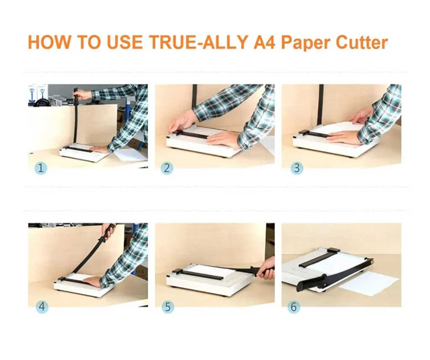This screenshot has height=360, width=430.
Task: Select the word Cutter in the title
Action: (x=362, y=42)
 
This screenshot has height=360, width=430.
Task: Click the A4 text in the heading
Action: (x=265, y=42)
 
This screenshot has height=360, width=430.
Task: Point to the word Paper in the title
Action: (x=306, y=43)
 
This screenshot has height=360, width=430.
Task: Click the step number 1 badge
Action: (x=41, y=168)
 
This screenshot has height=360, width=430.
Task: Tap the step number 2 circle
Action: (x=167, y=168)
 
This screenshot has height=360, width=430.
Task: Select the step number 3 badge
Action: (x=297, y=168)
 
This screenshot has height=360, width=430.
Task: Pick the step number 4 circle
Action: (x=42, y=307)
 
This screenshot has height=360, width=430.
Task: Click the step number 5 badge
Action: (x=168, y=307)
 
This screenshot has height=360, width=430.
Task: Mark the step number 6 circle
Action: (x=294, y=307)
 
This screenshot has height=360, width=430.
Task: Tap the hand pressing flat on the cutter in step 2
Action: (x=223, y=139)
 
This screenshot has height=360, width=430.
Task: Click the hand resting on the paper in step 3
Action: (x=343, y=137)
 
